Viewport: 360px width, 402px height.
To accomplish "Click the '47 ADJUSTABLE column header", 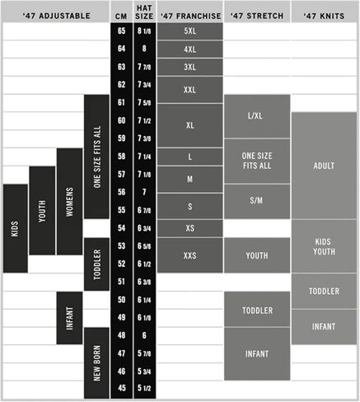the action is tap(56, 16).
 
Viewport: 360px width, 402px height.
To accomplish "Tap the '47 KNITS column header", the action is tap(324, 16).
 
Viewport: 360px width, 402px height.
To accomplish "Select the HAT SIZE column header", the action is tap(144, 12).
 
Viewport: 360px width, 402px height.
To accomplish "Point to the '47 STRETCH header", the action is tap(257, 16).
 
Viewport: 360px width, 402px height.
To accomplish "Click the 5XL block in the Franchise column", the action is tap(189, 31).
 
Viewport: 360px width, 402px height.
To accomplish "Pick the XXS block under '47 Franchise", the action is tap(189, 255).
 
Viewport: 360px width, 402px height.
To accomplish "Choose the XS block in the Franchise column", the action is tap(189, 228).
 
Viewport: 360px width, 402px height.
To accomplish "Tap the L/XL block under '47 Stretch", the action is tap(257, 116).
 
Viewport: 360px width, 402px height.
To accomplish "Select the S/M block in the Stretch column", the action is tap(257, 201).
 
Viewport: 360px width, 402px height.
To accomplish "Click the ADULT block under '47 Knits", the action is tap(324, 166).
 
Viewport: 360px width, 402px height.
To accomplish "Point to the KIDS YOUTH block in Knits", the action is tap(324, 246).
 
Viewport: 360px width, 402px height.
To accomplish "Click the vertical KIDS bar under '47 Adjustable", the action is tap(16, 228).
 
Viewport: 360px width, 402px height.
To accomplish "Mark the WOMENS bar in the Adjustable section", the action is tap(69, 202).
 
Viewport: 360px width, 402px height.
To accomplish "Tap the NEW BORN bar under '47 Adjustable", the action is tap(96, 363).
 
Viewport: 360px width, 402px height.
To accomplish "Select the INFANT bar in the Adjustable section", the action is tap(69, 318).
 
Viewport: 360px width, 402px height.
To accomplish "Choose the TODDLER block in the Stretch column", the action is tap(257, 310).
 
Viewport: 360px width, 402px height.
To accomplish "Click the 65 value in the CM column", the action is tap(121, 30).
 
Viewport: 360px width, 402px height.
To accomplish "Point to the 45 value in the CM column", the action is tap(121, 388).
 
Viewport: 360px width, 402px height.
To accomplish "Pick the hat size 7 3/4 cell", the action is tap(144, 85).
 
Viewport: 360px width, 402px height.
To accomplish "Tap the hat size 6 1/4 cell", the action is tap(144, 300).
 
